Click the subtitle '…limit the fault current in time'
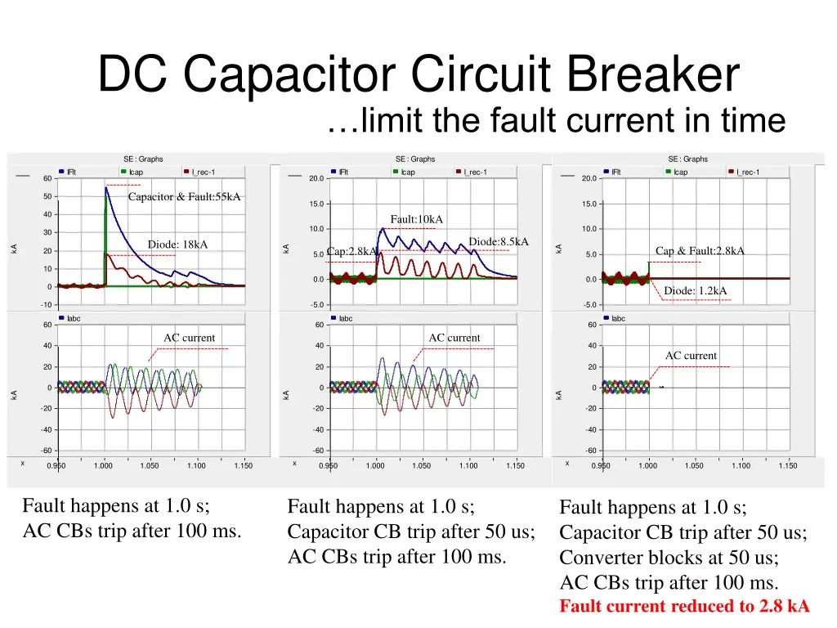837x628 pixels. [555, 121]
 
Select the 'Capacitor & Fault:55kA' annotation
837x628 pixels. [184, 196]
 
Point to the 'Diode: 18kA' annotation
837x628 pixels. [177, 244]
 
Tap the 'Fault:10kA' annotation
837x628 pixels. [416, 219]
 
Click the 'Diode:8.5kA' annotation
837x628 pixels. [499, 241]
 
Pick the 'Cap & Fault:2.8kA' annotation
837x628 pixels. [700, 251]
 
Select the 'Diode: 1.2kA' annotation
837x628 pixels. [695, 290]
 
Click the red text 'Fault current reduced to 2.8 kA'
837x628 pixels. [684, 607]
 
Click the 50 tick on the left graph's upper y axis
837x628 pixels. [48, 196]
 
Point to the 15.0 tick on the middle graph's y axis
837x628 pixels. [317, 204]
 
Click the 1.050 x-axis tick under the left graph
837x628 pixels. [150, 466]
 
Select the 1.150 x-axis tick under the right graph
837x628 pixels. [787, 466]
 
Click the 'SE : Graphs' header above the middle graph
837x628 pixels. [415, 159]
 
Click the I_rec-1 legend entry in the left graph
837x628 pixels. [204, 172]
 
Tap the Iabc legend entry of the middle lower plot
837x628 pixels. [346, 318]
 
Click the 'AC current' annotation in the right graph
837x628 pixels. [691, 356]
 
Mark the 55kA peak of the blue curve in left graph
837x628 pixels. [106, 188]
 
